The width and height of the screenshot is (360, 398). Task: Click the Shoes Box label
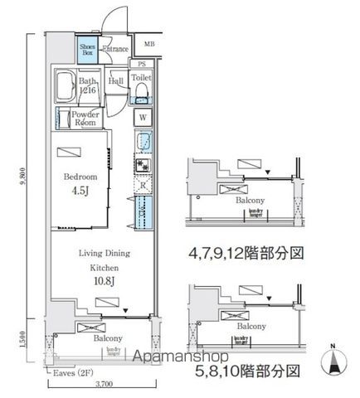(87, 51)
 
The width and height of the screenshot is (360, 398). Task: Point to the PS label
(142, 64)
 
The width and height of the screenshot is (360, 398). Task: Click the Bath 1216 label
(89, 85)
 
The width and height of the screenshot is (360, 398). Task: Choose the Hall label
(116, 81)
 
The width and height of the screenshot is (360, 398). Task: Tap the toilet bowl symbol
(142, 88)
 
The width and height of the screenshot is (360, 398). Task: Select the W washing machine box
(143, 117)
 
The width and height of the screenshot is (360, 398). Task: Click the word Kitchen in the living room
(105, 269)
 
